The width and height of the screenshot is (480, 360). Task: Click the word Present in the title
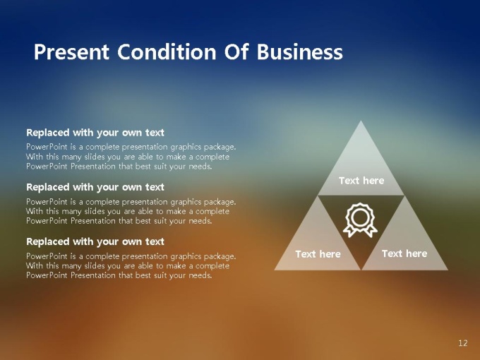tap(71, 52)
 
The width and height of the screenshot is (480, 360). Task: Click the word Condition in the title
tap(167, 52)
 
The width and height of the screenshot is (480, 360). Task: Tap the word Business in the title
tap(300, 52)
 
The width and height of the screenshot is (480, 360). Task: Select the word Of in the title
tap(236, 52)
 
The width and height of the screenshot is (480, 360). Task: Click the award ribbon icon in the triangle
tap(360, 220)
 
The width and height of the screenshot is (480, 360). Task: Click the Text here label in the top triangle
tap(361, 181)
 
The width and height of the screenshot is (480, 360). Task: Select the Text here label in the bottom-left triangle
tap(318, 254)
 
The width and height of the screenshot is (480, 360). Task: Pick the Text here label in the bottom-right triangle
tap(404, 253)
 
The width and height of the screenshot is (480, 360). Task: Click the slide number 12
tap(463, 343)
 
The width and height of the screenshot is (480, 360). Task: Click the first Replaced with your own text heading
tap(95, 133)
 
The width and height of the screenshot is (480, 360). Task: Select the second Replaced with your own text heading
tap(95, 187)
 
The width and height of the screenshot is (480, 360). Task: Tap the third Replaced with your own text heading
tap(95, 241)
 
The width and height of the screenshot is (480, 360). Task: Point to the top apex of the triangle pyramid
tap(361, 121)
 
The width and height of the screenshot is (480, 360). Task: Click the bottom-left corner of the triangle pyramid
tap(275, 270)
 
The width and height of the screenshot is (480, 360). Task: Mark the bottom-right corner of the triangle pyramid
tap(448, 270)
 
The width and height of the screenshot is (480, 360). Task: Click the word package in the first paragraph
tap(220, 148)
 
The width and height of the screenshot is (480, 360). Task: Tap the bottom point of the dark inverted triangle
tap(361, 270)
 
